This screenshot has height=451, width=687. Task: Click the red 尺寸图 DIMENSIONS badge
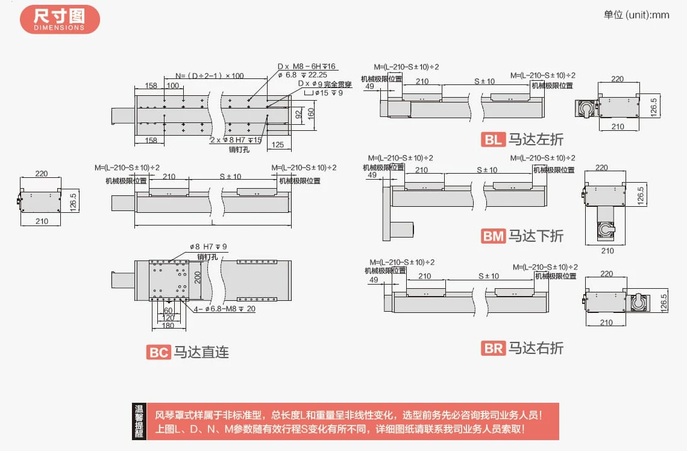[x=60, y=19]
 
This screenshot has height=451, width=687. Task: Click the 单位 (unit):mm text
[x=636, y=15]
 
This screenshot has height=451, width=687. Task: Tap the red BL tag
[x=493, y=140]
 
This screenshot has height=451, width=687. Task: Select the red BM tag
[x=493, y=236]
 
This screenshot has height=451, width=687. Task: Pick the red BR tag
[x=493, y=348]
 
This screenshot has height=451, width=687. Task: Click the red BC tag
[x=158, y=352]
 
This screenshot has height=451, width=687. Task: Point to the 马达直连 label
[x=201, y=352]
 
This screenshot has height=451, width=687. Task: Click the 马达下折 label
[x=536, y=236]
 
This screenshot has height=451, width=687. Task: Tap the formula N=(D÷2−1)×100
[x=210, y=76]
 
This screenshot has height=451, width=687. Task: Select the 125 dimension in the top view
[x=278, y=144]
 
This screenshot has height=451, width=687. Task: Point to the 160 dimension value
[x=311, y=113]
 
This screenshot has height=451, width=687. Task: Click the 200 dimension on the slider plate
[x=197, y=278]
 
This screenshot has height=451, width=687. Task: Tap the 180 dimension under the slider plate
[x=168, y=326]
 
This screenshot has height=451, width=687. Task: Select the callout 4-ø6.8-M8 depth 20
[x=225, y=309]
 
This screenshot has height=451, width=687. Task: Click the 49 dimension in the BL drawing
[x=369, y=86]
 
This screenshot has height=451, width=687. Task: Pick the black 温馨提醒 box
[x=139, y=421]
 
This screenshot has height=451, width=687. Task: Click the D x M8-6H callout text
[x=306, y=66]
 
